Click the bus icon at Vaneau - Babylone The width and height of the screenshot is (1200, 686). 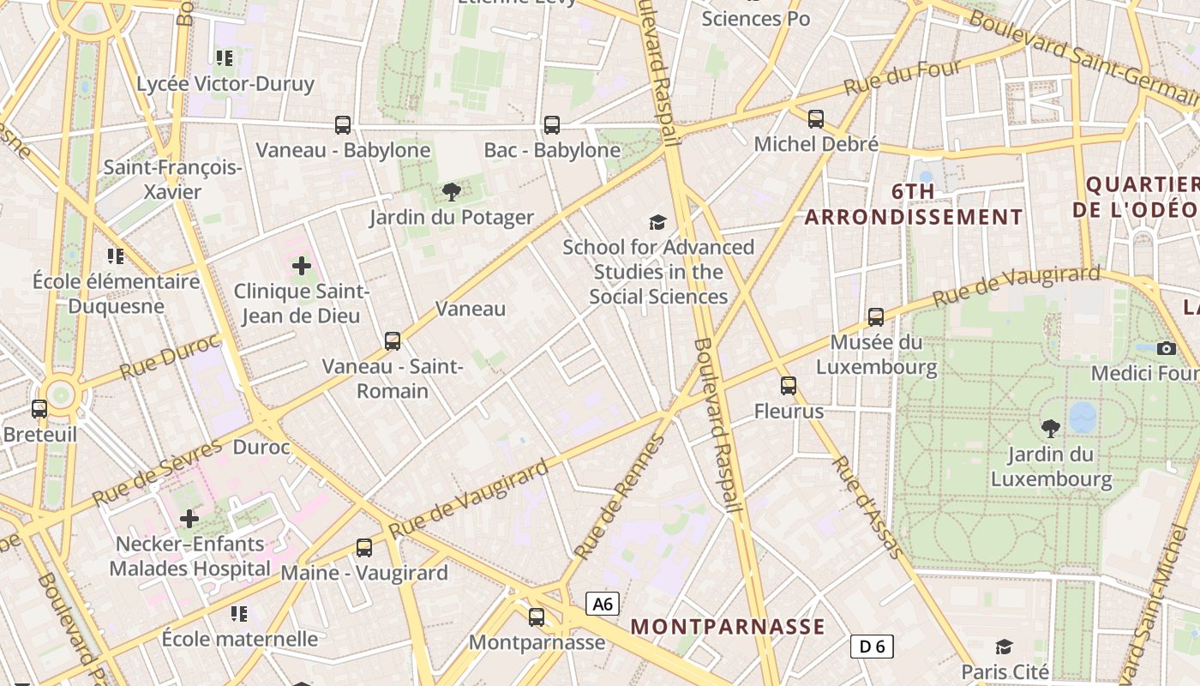(x=343, y=125)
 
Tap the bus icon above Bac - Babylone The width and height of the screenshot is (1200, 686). (x=552, y=125)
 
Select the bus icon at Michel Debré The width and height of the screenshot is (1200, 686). (x=816, y=119)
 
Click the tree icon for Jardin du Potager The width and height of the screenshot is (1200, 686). (x=452, y=192)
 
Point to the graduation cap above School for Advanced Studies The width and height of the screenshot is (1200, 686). (x=657, y=223)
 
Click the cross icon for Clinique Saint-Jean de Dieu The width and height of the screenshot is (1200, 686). (x=302, y=266)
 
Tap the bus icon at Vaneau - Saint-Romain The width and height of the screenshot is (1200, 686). (x=393, y=341)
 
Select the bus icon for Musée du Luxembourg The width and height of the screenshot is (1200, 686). (x=876, y=317)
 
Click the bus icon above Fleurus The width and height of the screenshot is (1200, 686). (x=789, y=386)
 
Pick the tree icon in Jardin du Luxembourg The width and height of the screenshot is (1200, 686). (x=1050, y=429)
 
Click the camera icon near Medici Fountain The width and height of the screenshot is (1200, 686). (x=1166, y=348)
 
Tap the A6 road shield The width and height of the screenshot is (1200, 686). (x=603, y=604)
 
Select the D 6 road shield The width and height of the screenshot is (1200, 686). (x=872, y=647)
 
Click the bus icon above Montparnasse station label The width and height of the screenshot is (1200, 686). (x=537, y=617)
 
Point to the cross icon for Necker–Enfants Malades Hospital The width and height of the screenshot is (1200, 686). (x=189, y=518)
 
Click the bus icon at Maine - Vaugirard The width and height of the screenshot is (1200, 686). (x=364, y=547)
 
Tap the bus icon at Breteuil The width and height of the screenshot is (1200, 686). (x=39, y=409)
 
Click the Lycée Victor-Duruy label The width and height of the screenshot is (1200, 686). (x=225, y=84)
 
